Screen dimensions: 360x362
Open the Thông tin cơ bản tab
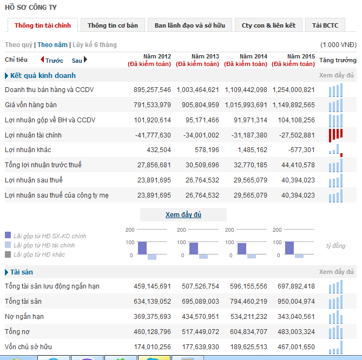pos(113,25)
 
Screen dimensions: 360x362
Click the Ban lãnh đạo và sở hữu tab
pos(190,25)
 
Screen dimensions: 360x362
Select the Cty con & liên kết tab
pos(268,25)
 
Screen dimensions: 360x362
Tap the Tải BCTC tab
pos(325,25)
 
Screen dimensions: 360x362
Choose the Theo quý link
pos(18,45)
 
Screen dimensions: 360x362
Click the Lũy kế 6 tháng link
pos(95,45)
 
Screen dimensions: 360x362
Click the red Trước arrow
pos(52,60)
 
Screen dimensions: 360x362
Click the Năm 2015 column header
pos(301,56)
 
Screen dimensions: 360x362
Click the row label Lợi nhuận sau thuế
pos(34,180)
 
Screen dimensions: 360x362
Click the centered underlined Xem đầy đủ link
pos(183,215)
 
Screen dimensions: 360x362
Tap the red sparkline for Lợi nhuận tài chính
pos(335,135)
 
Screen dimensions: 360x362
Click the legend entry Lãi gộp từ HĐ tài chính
pos(44,245)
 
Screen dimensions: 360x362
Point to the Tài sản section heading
pos(22,272)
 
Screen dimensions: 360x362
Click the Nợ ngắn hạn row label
pos(24,316)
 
